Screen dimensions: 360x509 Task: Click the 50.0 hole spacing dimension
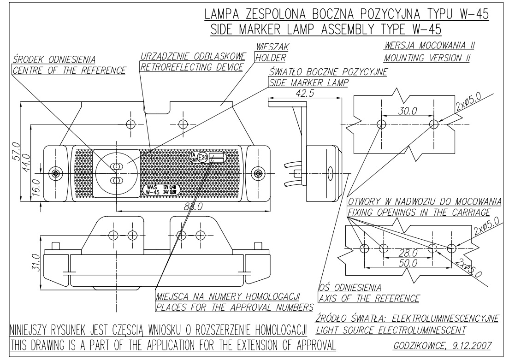pyautogui.click(x=408, y=263)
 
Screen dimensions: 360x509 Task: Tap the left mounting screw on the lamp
pyautogui.click(x=56, y=173)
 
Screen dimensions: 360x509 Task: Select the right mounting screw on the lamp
pyautogui.click(x=258, y=173)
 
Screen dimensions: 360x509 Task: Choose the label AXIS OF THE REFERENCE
pyautogui.click(x=369, y=298)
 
